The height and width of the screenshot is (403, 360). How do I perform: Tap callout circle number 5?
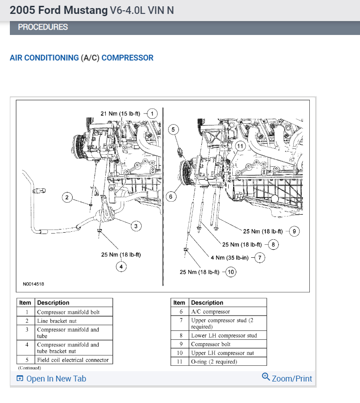pos(174,130)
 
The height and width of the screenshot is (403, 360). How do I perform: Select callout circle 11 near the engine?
pos(240,146)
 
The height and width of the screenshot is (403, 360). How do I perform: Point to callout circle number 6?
pos(170,196)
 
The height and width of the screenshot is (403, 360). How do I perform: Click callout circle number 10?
pos(230,272)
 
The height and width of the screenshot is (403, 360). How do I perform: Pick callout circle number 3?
pos(136,226)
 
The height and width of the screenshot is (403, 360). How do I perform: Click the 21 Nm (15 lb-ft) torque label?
pos(120,114)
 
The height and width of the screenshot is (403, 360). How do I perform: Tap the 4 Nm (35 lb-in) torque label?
pos(230,257)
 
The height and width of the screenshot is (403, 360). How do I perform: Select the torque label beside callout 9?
pos(263,231)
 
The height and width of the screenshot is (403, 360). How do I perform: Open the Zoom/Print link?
pos(287,378)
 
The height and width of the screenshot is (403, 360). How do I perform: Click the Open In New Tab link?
pos(51,379)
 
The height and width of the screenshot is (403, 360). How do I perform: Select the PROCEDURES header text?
pos(43,27)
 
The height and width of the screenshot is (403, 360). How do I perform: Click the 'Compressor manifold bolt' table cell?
pos(69,312)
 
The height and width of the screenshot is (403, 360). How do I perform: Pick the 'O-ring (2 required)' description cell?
pos(214,361)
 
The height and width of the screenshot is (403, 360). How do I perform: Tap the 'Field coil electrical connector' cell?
pos(73,360)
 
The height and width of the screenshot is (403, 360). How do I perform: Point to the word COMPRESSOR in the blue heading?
pos(127,58)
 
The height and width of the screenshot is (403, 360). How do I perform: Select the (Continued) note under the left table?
pos(30,368)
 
